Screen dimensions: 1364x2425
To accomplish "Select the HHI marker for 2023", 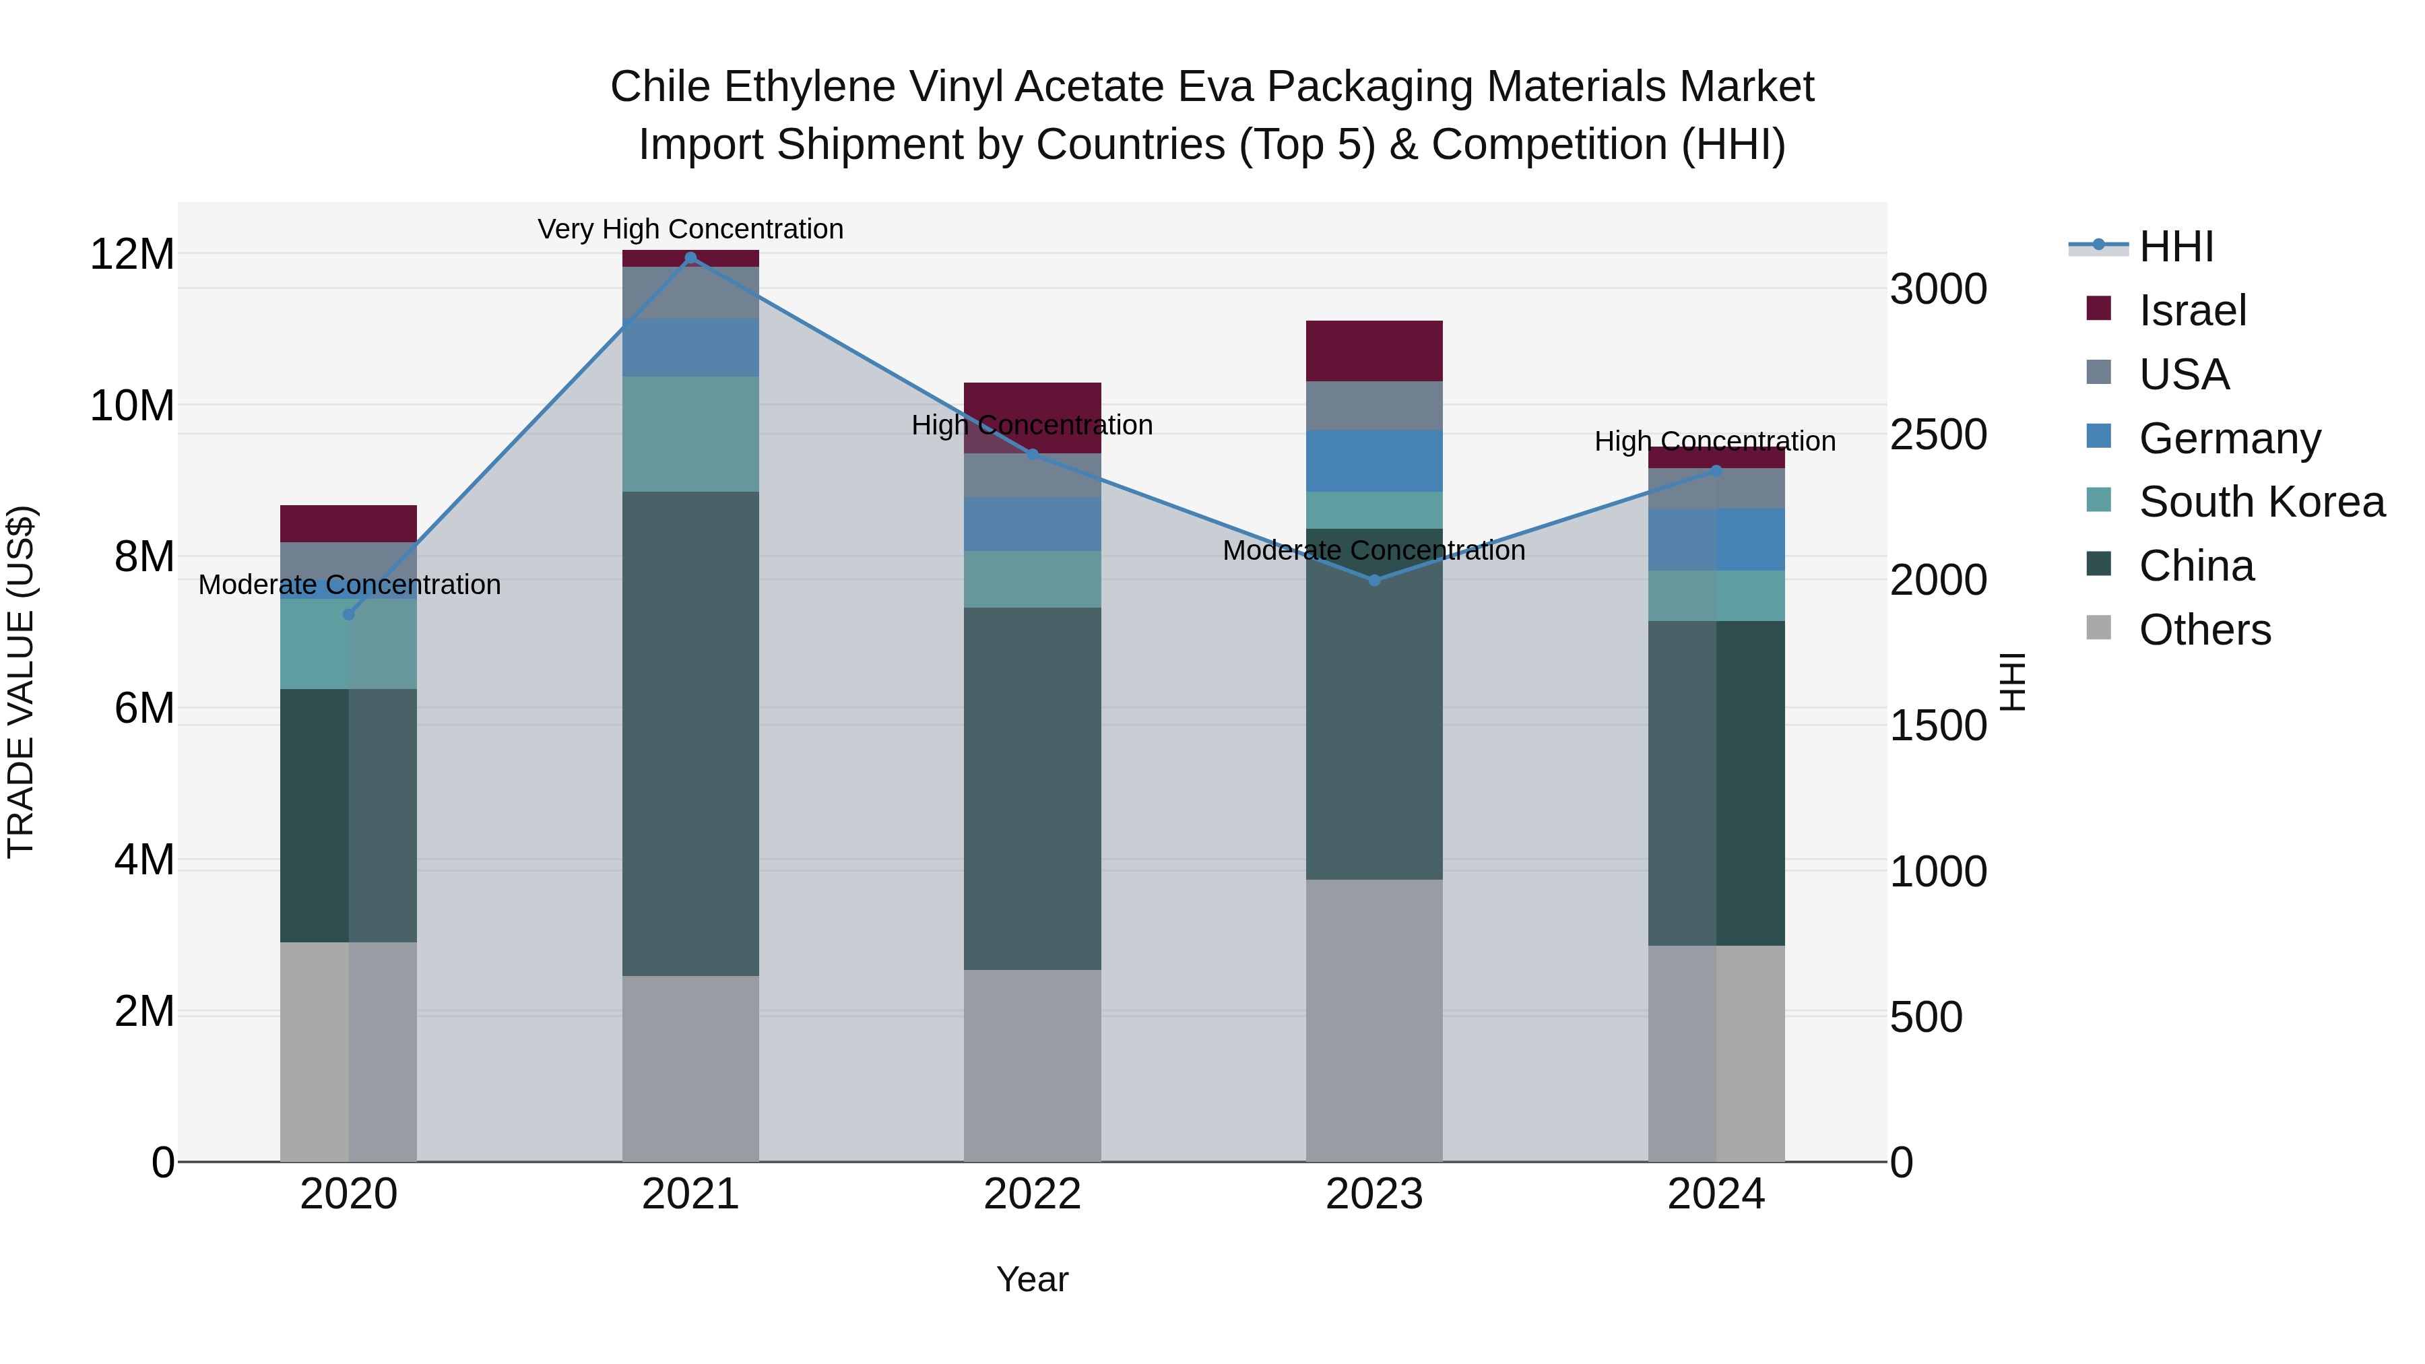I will point(1373,580).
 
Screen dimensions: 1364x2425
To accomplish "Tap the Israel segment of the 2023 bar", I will point(1373,350).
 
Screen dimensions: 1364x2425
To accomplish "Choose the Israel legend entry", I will point(2191,311).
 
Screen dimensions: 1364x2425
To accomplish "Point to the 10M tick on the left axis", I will point(132,405).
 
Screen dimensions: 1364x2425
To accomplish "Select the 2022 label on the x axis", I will point(1032,1194).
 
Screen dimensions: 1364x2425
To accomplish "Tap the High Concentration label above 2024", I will point(1714,441).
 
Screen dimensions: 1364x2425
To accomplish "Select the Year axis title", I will point(1032,1279).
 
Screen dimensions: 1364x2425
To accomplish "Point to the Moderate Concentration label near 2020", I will point(349,585).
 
